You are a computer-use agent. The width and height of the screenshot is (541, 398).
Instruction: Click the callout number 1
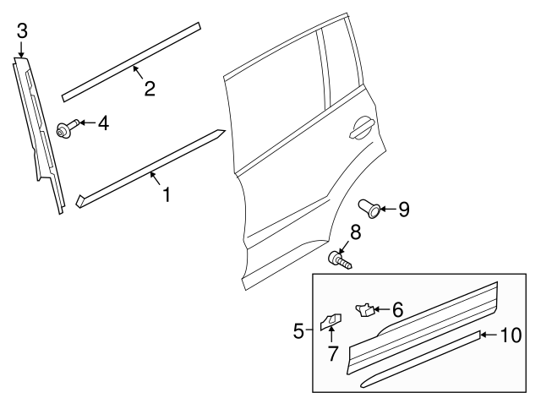(167, 195)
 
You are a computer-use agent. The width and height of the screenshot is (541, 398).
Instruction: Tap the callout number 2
(149, 88)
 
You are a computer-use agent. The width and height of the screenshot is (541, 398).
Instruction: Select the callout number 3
(22, 31)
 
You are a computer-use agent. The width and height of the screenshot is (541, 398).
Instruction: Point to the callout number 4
(102, 123)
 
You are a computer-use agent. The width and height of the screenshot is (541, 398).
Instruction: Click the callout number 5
(298, 330)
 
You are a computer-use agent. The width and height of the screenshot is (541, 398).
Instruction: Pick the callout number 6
(396, 310)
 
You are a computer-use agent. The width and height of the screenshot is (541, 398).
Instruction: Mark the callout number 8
(356, 232)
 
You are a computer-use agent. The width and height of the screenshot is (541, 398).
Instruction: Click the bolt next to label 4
(64, 129)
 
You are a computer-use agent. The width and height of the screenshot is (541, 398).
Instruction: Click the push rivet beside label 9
(369, 204)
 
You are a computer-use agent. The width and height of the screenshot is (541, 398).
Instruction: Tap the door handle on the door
(361, 128)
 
